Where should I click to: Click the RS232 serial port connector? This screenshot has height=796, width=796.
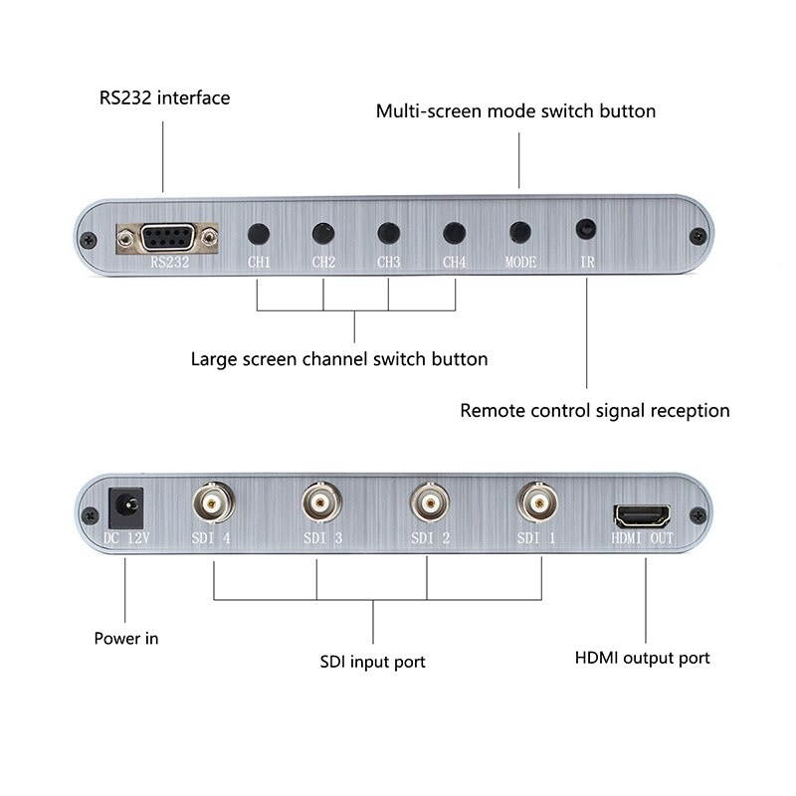pyautogui.click(x=167, y=238)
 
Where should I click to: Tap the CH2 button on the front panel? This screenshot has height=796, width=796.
pyautogui.click(x=322, y=234)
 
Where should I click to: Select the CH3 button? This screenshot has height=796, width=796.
pyautogui.click(x=388, y=233)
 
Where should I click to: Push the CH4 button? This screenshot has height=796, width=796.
pyautogui.click(x=455, y=233)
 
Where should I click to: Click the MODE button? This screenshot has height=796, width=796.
pyautogui.click(x=519, y=232)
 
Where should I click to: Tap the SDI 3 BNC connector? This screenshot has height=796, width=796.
pyautogui.click(x=319, y=505)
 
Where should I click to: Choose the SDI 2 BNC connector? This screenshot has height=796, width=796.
pyautogui.click(x=429, y=505)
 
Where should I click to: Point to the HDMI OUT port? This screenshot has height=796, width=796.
pyautogui.click(x=642, y=516)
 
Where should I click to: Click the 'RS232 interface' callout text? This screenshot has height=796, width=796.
pyautogui.click(x=164, y=98)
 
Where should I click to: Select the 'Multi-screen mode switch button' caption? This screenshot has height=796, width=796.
pyautogui.click(x=515, y=110)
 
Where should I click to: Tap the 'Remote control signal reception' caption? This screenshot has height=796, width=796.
pyautogui.click(x=594, y=410)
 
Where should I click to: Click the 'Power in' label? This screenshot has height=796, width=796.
pyautogui.click(x=125, y=638)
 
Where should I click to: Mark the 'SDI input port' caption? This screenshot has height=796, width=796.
pyautogui.click(x=372, y=661)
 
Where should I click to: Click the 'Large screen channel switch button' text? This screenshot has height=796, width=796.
pyautogui.click(x=339, y=358)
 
